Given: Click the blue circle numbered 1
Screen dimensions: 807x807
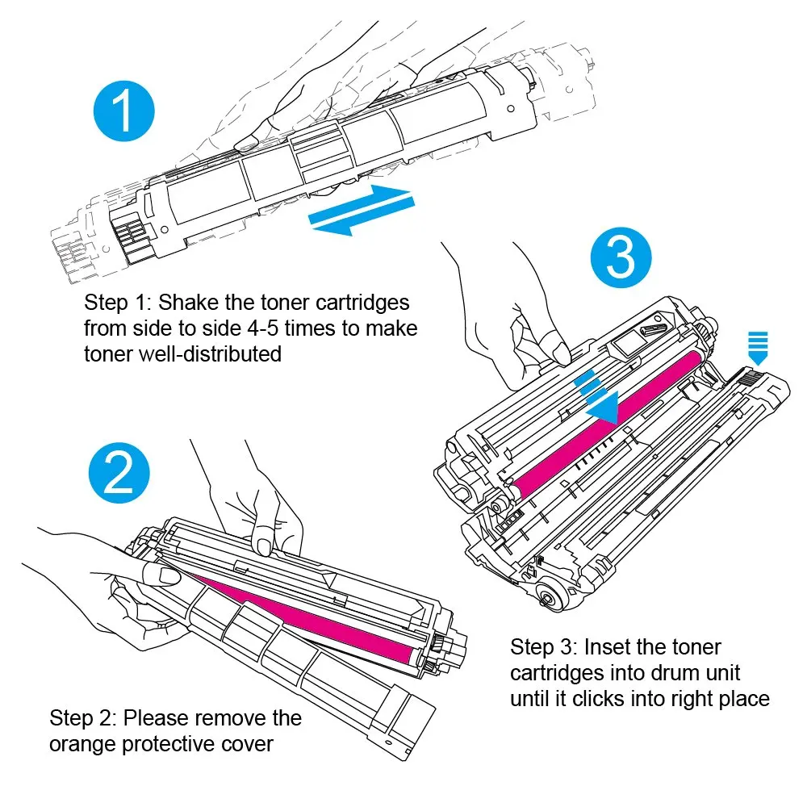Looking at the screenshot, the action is (x=124, y=111).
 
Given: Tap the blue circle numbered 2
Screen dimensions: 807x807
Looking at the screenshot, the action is (x=119, y=472).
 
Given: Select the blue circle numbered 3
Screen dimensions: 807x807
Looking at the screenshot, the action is (x=621, y=257).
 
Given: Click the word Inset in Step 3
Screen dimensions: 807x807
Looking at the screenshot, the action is (x=606, y=647).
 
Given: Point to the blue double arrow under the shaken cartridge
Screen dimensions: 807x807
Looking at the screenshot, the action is (x=362, y=210).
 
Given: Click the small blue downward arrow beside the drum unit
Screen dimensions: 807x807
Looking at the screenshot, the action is (x=758, y=349).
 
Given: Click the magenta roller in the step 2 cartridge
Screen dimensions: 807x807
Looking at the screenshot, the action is (x=303, y=617).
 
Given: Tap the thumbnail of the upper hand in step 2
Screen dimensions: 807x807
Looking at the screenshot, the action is (x=265, y=546).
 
